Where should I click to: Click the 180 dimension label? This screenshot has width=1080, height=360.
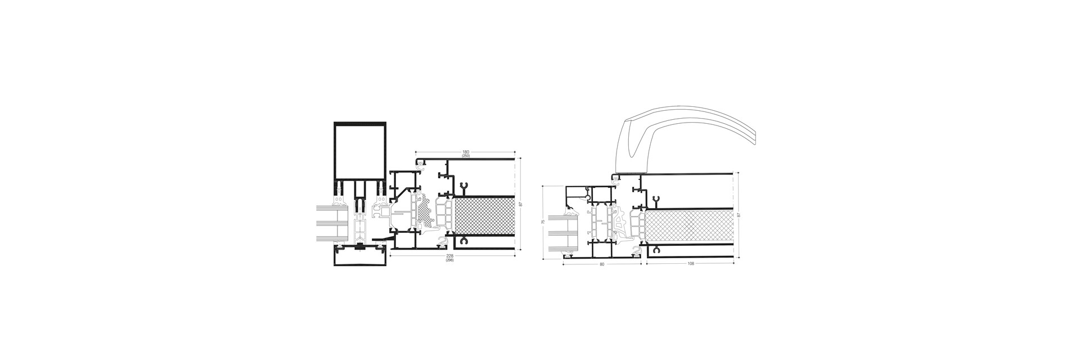point(465,152)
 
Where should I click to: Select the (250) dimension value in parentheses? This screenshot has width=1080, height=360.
point(465,156)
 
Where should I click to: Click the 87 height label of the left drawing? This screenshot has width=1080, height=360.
point(520,204)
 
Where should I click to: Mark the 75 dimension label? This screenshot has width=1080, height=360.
point(542,222)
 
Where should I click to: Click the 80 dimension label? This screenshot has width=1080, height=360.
point(602,264)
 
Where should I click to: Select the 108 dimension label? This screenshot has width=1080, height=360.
point(690,264)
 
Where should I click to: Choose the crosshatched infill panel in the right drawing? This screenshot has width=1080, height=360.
point(689,227)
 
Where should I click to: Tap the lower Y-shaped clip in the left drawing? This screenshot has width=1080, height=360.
point(463,241)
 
